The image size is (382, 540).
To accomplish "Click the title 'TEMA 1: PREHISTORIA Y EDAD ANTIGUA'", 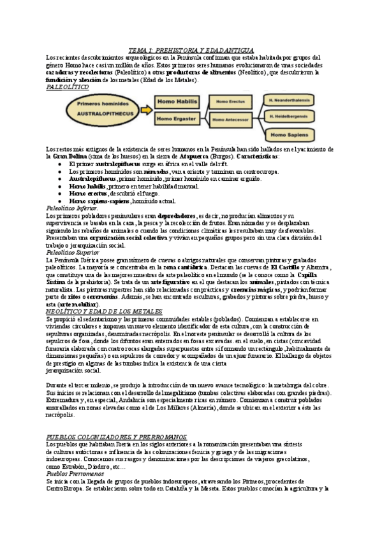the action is click(x=191, y=49).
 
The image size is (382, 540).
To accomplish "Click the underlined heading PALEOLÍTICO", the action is click(x=68, y=88).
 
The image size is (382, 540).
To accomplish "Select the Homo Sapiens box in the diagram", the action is click(x=290, y=135).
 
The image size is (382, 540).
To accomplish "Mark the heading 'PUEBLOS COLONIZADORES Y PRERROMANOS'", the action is click(x=117, y=436).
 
